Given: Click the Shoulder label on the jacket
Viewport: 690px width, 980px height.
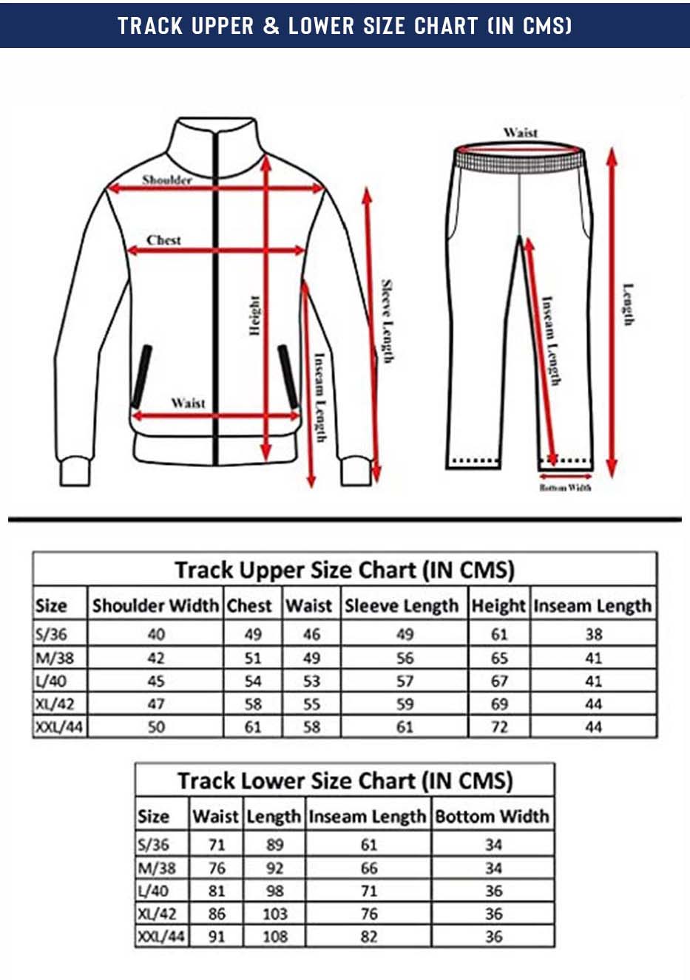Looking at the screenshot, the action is [167, 180].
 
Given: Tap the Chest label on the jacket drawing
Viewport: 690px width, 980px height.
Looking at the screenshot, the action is [163, 239].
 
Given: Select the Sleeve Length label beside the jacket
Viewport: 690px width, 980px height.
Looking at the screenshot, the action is [387, 321].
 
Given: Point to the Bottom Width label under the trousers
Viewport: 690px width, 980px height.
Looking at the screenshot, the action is [565, 487].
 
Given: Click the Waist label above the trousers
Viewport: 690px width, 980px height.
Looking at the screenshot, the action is [520, 132].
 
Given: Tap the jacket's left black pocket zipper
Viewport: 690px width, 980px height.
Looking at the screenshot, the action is [142, 376].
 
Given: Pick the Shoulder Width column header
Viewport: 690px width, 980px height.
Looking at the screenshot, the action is [155, 605].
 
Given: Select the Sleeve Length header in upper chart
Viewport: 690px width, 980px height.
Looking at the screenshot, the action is [402, 606].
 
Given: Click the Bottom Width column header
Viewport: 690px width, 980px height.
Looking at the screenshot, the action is [492, 816].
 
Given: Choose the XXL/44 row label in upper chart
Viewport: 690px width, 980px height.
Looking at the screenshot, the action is [59, 727].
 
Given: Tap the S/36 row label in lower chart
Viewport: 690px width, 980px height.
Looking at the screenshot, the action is [153, 844].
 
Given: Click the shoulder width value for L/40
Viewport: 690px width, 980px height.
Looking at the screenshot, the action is [156, 681].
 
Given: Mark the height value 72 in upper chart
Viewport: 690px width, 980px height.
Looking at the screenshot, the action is [499, 727].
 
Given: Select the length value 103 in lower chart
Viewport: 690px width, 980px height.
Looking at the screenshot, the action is [275, 913].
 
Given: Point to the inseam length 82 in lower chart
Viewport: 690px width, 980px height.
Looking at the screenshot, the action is [368, 936].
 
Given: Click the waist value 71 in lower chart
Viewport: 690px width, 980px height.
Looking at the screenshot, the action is [217, 844].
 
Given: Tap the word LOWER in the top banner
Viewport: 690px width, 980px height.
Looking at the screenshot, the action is [321, 25].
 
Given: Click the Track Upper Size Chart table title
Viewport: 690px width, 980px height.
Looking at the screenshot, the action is [345, 570].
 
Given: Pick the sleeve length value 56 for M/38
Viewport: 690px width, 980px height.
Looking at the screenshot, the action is [405, 658].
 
